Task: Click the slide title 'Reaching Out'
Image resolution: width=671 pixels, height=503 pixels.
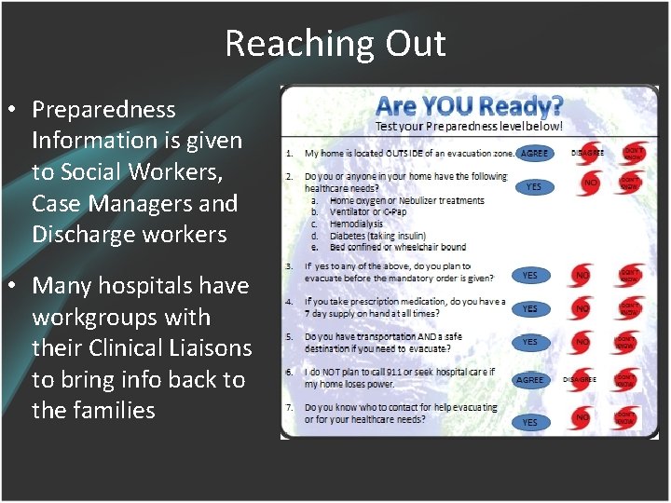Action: (335, 44)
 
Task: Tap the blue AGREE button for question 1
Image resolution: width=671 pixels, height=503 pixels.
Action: (534, 153)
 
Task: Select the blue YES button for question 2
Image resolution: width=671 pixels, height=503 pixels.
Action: (533, 187)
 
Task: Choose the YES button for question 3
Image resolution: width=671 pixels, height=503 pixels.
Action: (529, 276)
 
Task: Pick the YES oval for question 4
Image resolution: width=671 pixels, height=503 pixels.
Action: (529, 309)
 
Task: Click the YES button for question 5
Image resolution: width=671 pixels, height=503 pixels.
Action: (529, 343)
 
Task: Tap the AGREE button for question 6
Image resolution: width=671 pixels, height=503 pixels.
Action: (529, 380)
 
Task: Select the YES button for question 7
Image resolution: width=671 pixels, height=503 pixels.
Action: (529, 422)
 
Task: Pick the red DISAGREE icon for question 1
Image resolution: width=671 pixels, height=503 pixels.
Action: (587, 153)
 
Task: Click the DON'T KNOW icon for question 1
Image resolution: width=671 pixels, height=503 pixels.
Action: (632, 153)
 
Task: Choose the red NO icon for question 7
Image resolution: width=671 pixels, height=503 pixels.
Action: (582, 418)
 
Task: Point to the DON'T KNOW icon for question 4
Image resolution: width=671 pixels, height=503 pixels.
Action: (626, 306)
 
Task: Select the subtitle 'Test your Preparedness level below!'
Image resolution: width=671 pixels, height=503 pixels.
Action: (469, 126)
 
